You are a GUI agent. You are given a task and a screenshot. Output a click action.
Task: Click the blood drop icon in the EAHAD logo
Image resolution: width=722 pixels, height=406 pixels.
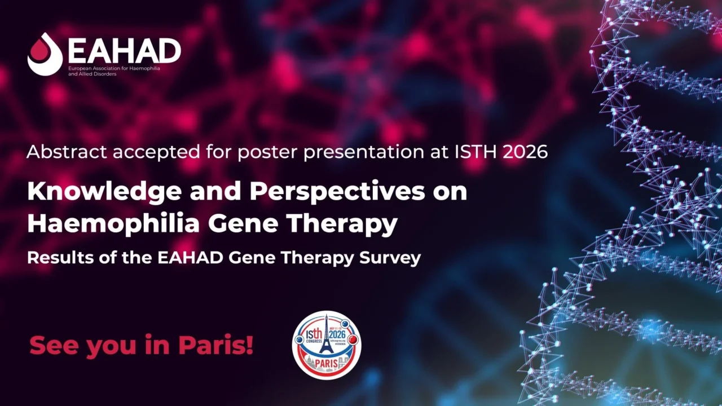(x=45, y=55)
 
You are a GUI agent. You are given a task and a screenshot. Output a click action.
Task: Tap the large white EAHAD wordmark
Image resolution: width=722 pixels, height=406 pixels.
(x=124, y=51)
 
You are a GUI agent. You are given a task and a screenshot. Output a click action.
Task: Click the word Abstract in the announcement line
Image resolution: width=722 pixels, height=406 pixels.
(x=60, y=152)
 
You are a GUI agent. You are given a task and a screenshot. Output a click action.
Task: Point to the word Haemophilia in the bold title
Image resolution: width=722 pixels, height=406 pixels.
(x=113, y=224)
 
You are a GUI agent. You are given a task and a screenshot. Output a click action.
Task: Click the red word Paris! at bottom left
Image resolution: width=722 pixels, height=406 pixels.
(x=216, y=345)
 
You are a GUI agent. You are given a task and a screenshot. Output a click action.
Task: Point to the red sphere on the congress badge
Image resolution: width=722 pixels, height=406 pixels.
(x=354, y=340)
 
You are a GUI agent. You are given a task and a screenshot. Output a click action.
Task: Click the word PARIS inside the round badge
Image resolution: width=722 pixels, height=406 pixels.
(x=327, y=363)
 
